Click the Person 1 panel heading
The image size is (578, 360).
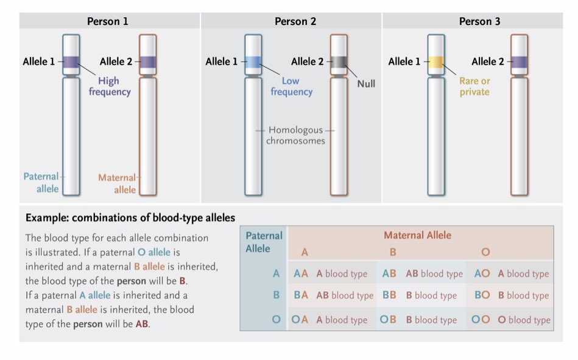(x=108, y=21)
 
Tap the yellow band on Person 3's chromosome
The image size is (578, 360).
(x=435, y=62)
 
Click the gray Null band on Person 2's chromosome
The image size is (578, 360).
(x=339, y=62)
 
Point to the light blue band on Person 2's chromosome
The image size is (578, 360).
(x=253, y=62)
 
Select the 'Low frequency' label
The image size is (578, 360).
(x=291, y=86)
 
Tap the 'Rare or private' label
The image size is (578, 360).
(x=474, y=86)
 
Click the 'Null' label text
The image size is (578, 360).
(x=366, y=83)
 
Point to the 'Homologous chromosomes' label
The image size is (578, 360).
(x=296, y=135)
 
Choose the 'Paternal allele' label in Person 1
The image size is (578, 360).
(x=41, y=183)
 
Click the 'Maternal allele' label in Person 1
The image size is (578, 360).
(x=118, y=183)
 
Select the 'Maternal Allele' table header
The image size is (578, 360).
(x=417, y=235)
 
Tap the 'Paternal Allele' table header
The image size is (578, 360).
(x=264, y=242)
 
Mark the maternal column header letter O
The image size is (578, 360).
(x=485, y=252)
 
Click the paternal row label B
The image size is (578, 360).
(x=276, y=295)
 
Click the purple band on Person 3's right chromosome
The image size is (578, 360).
(x=519, y=62)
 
